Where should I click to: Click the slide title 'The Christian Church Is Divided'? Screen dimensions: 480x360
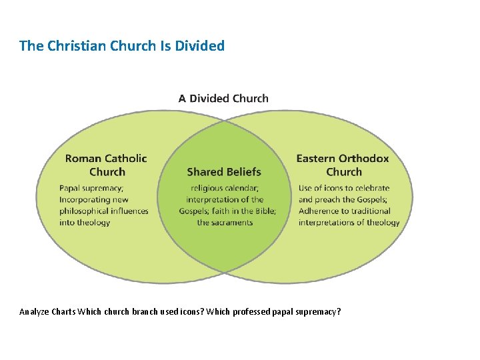coord(122,46)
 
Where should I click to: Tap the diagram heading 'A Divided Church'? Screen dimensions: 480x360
coord(223,99)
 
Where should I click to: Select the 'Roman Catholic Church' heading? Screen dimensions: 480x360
coord(106,165)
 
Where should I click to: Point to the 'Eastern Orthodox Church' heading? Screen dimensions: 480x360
coord(342,165)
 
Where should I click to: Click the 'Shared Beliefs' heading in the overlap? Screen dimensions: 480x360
coord(224,172)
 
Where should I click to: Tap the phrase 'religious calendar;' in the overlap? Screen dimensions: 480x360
coord(225,188)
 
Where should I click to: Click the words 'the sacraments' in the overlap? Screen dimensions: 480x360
coord(225,223)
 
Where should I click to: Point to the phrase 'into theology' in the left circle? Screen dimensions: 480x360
coord(85,223)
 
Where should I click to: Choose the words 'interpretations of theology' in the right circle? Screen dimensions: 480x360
coord(349,223)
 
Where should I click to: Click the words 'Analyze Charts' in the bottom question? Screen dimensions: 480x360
coord(47,311)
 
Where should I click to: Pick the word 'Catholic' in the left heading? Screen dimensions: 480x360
coord(125,159)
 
